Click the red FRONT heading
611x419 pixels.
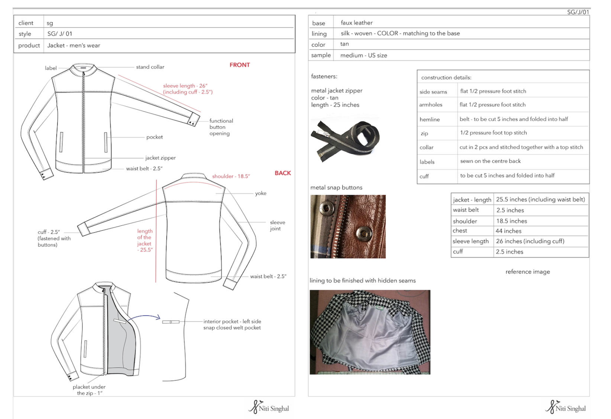point(240,65)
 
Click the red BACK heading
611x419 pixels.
point(283,173)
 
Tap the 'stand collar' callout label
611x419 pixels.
point(150,67)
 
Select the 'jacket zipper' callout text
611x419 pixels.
point(160,158)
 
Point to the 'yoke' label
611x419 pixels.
point(261,193)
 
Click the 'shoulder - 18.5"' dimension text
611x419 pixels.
point(231,176)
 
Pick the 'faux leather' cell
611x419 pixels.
point(356,23)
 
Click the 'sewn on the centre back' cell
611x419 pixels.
point(490,161)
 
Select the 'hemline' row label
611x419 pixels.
point(430,120)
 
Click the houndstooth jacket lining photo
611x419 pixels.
point(370,332)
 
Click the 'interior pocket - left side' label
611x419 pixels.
point(232,322)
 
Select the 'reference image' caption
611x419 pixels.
point(527,272)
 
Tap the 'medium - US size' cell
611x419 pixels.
point(363,55)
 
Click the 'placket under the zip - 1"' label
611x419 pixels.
point(89,390)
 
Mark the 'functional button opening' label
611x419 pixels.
point(221,127)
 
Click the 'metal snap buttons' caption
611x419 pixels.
point(336,188)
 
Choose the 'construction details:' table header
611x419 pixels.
point(446,78)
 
